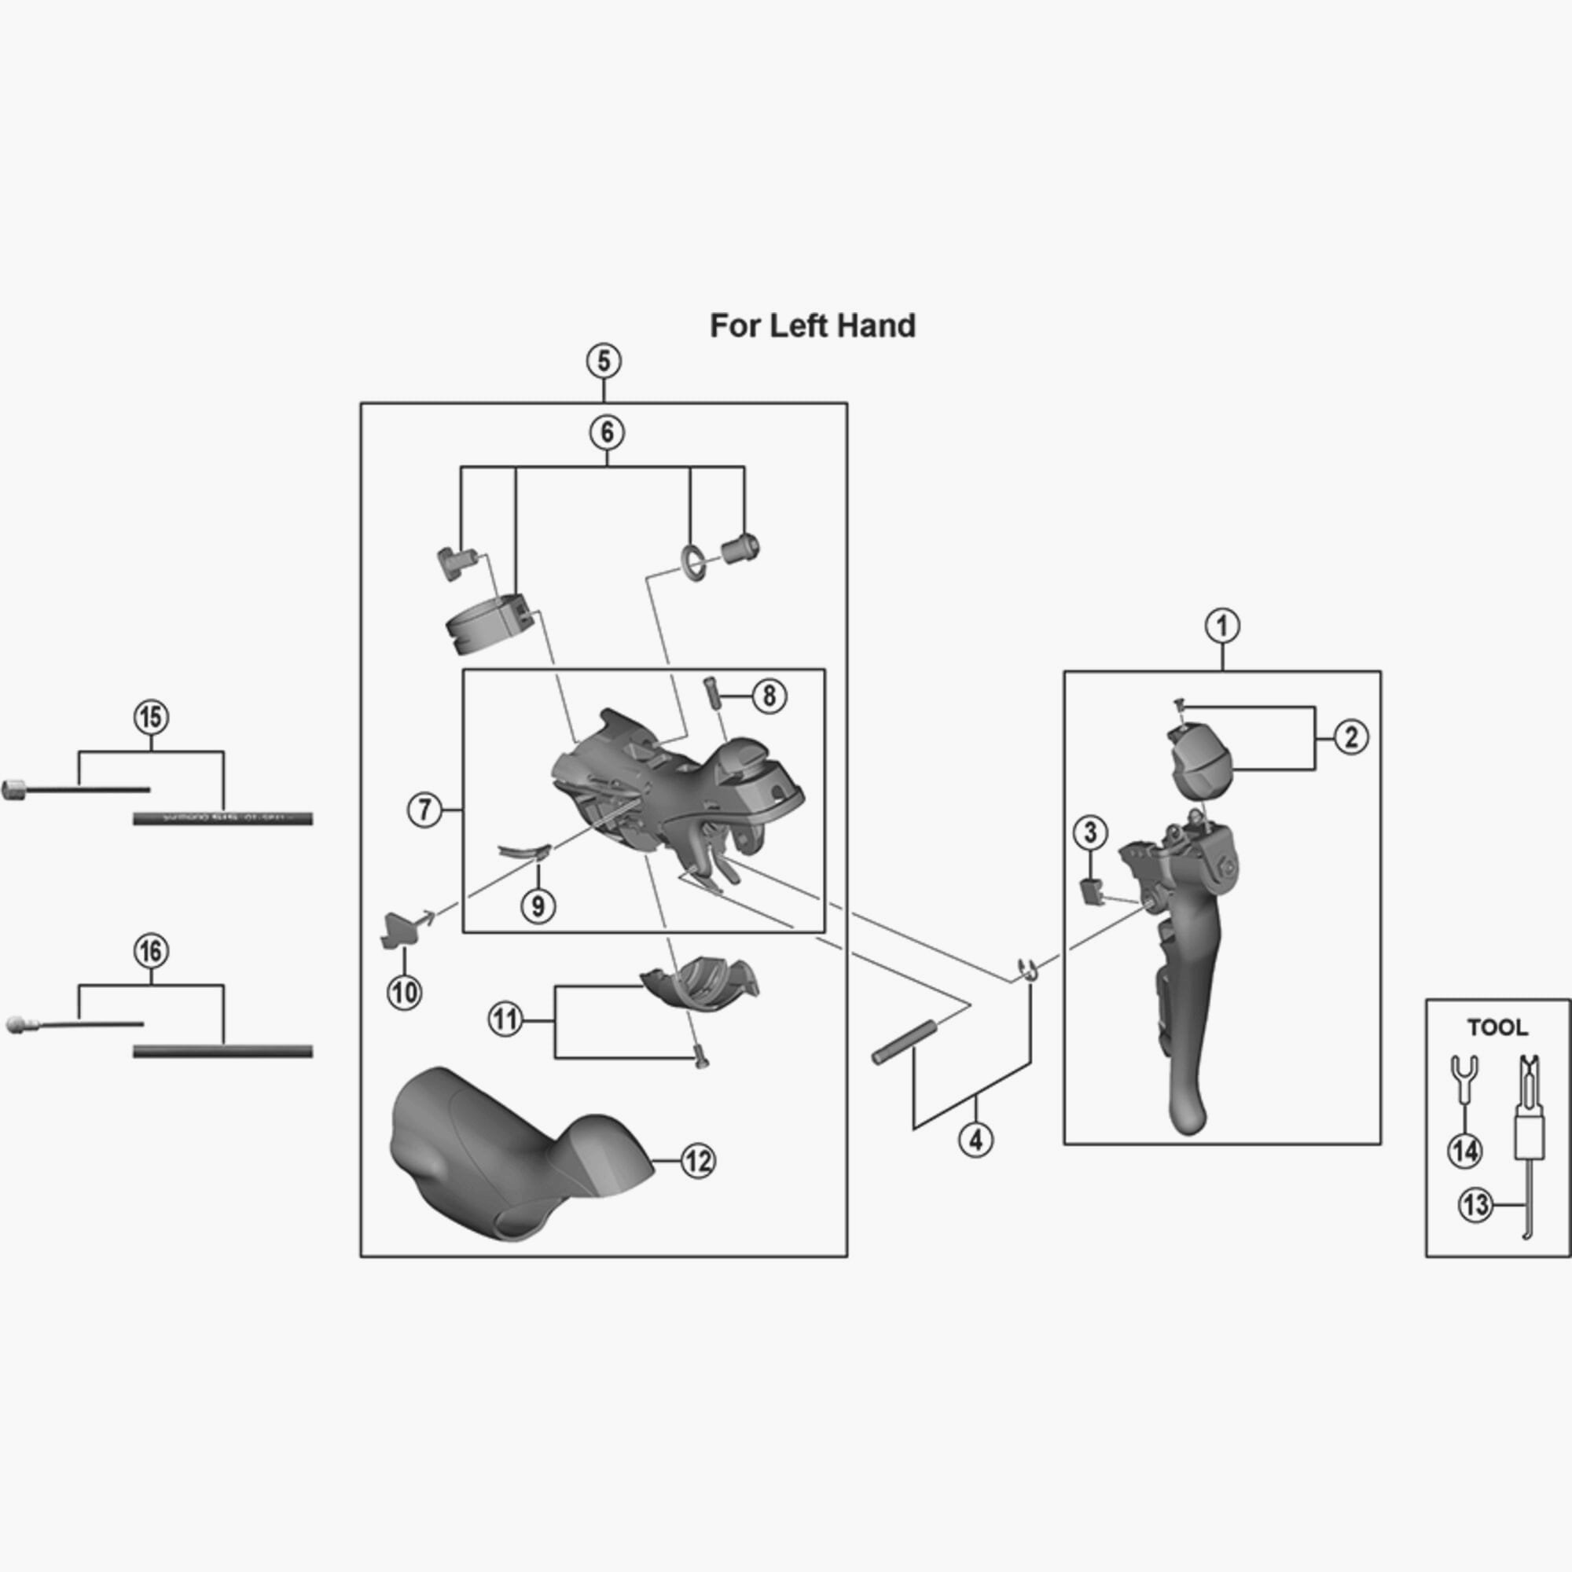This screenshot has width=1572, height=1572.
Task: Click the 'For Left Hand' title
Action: click(812, 325)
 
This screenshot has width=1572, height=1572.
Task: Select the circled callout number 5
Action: click(603, 362)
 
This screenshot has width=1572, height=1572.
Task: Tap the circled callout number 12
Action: click(697, 1161)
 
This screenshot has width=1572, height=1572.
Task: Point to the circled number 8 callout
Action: click(769, 696)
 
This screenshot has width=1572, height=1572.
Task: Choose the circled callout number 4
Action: click(975, 1139)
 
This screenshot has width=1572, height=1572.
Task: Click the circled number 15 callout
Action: click(151, 718)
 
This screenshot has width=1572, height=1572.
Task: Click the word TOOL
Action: click(1497, 1027)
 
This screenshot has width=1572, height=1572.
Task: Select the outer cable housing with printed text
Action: click(222, 818)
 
